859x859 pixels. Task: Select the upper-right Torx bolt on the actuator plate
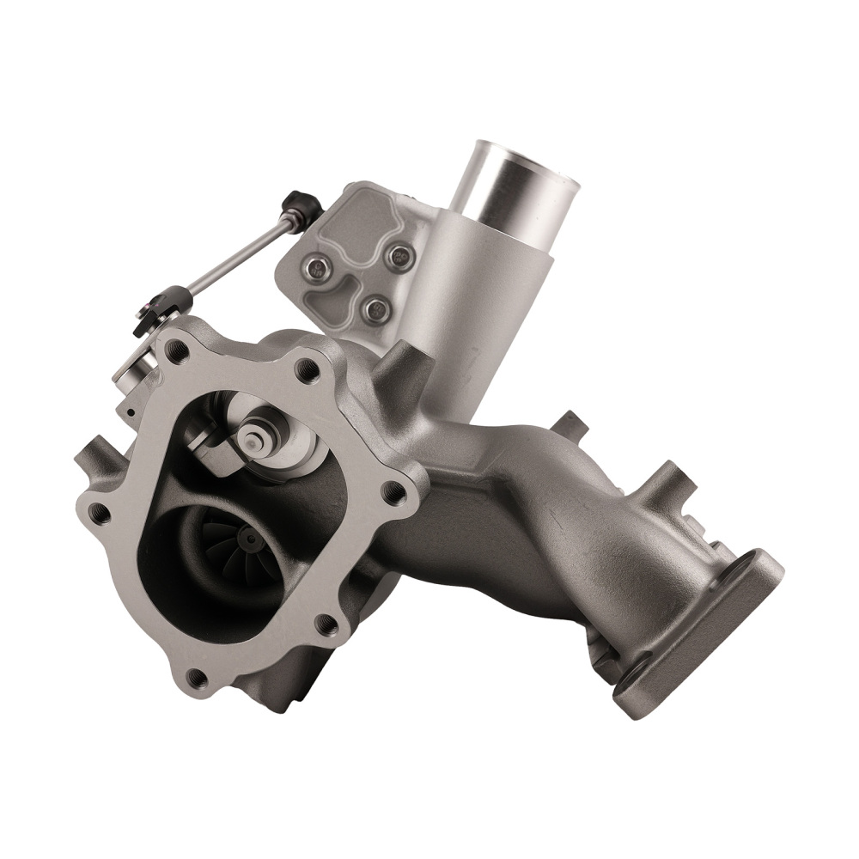point(398,255)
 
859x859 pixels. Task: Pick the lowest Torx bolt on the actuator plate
point(371,307)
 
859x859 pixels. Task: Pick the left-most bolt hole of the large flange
point(100,513)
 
